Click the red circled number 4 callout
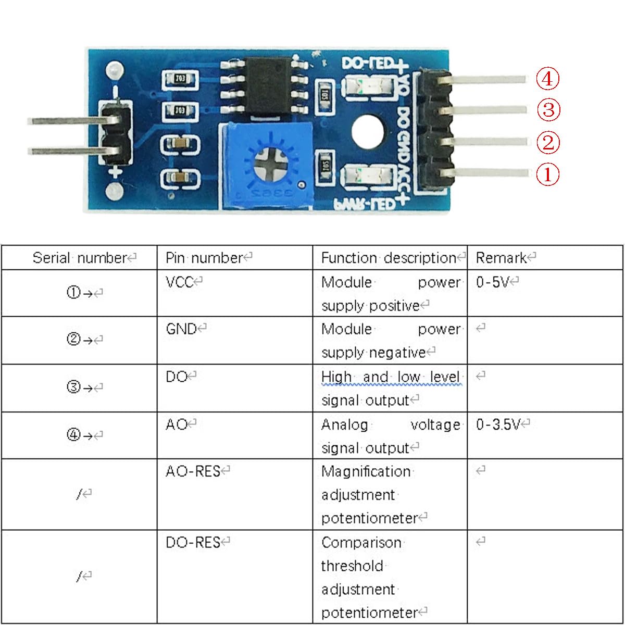(548, 79)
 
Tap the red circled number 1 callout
(548, 174)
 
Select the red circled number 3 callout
(548, 110)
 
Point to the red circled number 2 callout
(548, 143)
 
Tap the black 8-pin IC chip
(269, 85)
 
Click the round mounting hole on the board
(367, 131)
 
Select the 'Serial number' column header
(80, 258)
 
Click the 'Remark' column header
(501, 258)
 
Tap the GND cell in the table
(181, 329)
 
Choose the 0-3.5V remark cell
(498, 425)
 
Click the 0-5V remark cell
(492, 282)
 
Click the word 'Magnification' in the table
(366, 472)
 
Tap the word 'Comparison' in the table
(361, 543)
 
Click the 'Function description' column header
(389, 258)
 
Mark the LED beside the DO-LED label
(364, 86)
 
